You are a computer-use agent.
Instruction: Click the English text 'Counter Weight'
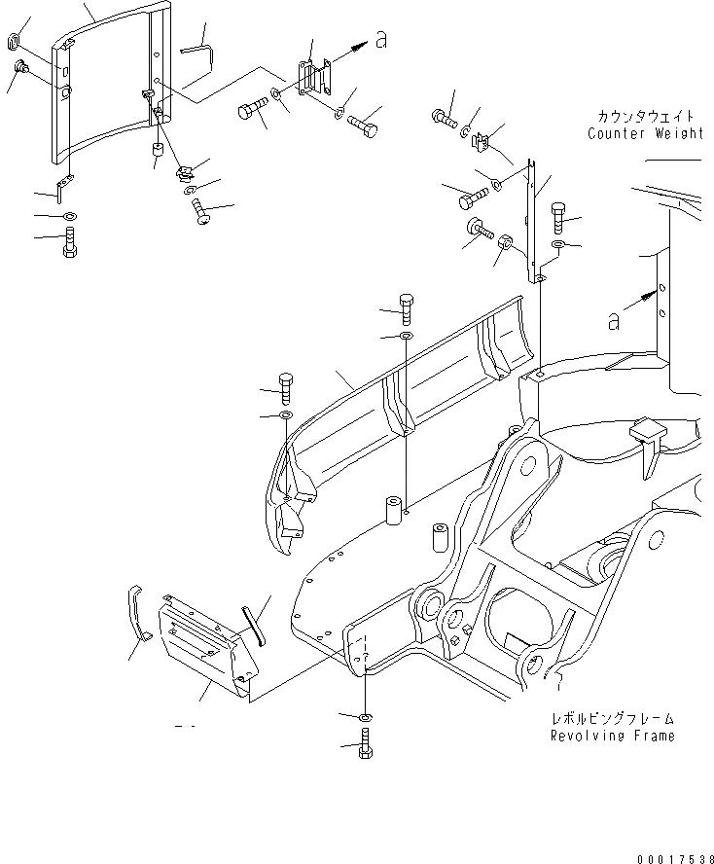point(644,134)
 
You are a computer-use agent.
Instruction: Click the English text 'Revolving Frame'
point(612,736)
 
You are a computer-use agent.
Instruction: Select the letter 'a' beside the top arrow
point(381,40)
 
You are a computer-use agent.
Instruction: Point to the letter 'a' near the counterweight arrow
point(614,322)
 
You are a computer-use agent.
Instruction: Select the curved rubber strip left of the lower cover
point(137,614)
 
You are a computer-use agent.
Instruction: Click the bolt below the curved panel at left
point(69,239)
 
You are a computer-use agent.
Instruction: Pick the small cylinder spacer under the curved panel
point(156,154)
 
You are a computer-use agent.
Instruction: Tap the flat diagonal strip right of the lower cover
point(254,620)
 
